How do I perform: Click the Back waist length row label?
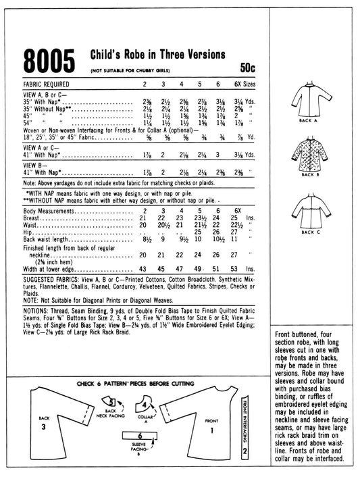point(51,238)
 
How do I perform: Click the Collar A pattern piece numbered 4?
point(146,405)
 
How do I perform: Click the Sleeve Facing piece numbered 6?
point(140,438)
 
